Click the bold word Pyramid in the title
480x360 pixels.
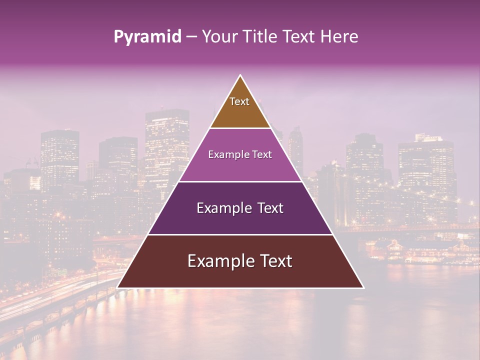147,37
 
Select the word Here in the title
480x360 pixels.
339,37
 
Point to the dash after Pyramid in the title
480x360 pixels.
191,37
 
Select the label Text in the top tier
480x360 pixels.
239,102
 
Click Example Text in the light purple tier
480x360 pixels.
240,155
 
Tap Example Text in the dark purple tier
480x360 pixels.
240,208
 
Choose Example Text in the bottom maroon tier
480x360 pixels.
240,261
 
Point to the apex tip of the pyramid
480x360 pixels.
240,76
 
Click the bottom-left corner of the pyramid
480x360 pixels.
118,287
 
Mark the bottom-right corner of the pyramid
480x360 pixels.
362,287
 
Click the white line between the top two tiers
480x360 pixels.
240,128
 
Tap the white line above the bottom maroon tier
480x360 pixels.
240,234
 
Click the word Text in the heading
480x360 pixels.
299,37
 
